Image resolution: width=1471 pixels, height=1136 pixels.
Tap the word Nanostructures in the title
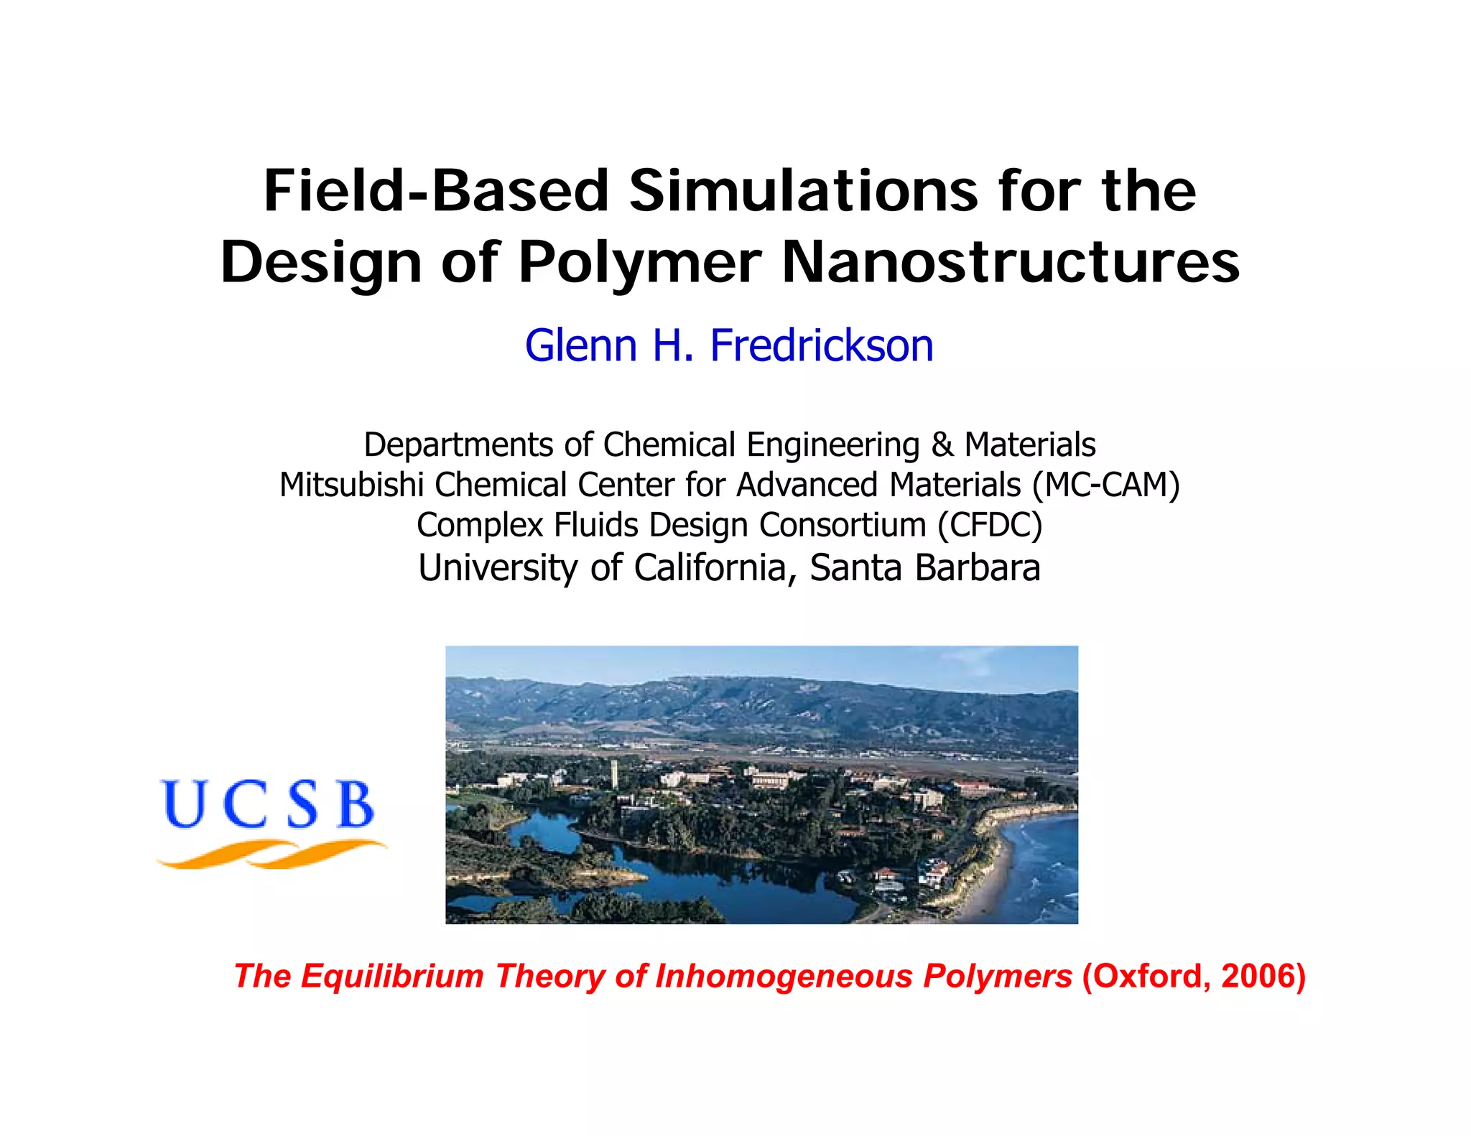1011,263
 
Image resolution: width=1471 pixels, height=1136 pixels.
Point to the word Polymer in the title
640,263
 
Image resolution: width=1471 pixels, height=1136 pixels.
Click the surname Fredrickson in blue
822,345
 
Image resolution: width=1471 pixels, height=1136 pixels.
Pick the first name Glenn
581,345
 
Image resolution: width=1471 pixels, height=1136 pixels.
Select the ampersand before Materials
942,445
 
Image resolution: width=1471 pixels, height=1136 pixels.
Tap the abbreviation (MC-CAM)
1106,485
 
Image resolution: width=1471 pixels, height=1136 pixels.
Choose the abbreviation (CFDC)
990,525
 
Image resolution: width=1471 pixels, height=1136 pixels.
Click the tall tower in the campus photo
613,773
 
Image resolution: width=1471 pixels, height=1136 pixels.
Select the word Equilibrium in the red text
392,977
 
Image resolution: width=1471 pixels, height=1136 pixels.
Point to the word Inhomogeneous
784,977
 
